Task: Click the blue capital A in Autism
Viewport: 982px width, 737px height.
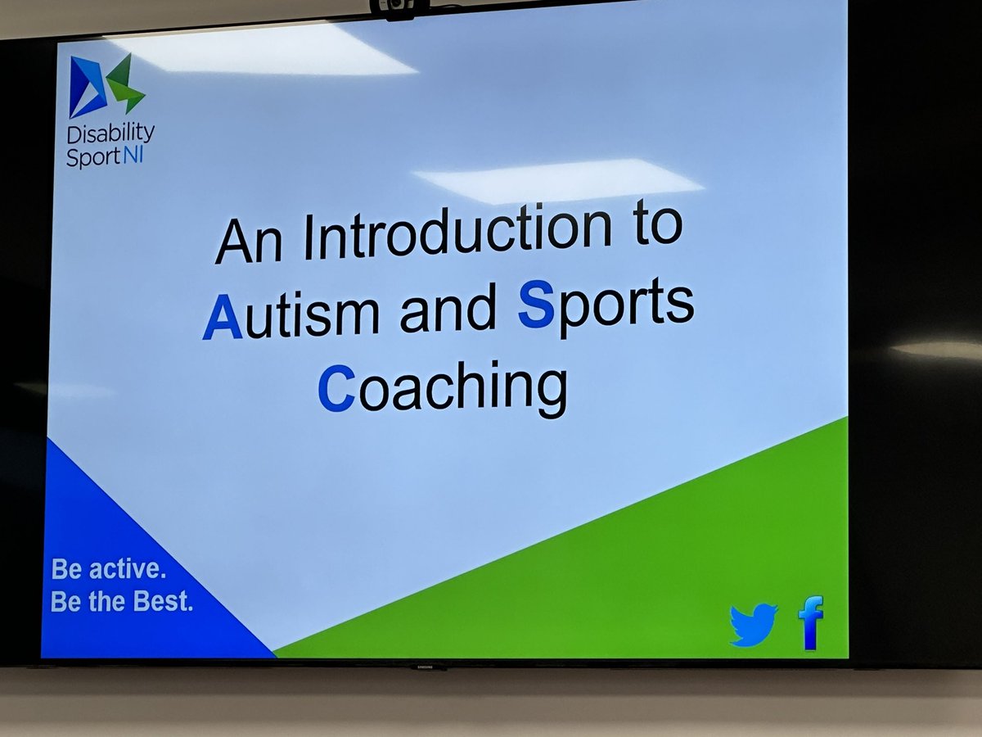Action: point(223,317)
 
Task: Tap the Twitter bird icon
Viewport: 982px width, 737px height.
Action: point(753,625)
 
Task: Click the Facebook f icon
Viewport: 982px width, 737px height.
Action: point(810,622)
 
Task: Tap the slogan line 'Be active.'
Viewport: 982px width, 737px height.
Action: point(108,569)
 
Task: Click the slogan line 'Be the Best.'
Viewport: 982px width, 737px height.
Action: point(121,602)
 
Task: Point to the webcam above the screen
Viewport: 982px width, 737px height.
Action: point(397,7)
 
